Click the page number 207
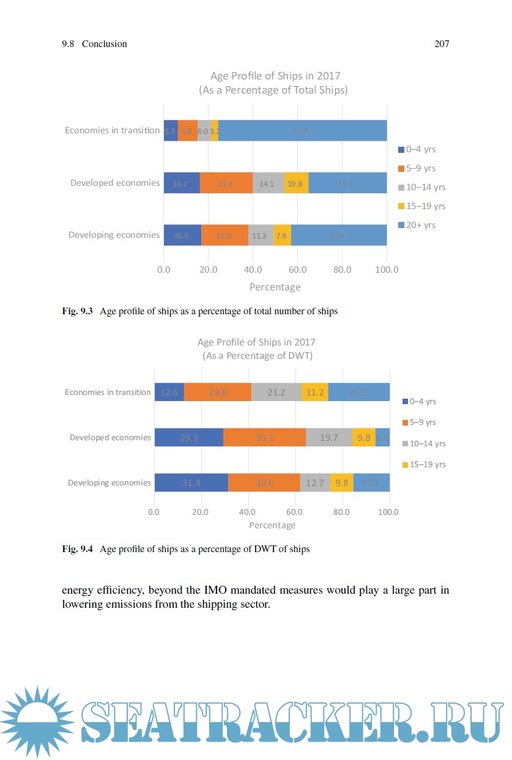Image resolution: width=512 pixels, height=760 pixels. coord(442,44)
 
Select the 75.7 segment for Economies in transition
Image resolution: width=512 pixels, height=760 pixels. coord(302,130)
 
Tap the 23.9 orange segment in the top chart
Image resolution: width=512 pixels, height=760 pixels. coord(226,183)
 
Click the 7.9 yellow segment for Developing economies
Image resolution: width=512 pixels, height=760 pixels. coord(282,235)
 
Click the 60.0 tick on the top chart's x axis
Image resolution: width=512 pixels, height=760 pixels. coord(297,269)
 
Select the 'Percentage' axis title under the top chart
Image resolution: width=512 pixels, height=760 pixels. coord(275,287)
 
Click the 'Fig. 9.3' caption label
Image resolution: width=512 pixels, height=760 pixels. coord(77,311)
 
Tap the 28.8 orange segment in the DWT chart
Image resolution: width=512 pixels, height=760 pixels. coord(218,393)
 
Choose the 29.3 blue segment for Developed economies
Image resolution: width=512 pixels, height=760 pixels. coord(188,437)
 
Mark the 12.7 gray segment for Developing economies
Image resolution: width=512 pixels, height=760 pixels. coord(315,482)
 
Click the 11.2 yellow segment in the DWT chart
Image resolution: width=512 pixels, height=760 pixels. coord(314,393)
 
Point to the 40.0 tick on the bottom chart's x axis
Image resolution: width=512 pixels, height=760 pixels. coord(248,512)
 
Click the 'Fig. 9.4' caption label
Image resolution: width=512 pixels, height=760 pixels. coord(77,549)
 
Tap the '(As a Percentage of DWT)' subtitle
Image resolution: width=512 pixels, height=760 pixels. coord(256,356)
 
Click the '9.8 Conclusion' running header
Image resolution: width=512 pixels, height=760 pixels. coord(95,44)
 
